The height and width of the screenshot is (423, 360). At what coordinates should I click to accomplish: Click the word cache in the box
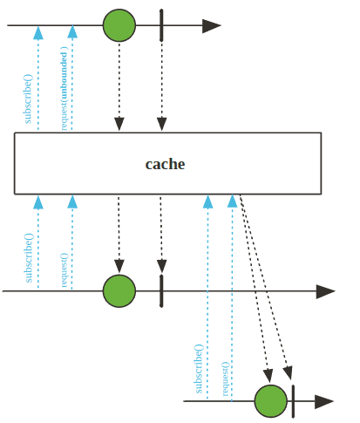tap(165, 164)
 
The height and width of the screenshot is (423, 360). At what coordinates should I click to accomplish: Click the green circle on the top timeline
tap(119, 25)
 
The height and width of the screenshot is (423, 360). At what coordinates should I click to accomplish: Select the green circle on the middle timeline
tap(119, 290)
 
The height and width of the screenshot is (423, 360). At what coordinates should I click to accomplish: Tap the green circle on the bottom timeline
tap(271, 401)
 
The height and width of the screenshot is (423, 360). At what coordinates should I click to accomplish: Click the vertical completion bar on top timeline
tap(161, 25)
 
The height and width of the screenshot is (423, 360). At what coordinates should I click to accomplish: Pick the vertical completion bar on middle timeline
tap(161, 290)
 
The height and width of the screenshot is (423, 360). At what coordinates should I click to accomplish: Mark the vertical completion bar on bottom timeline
tap(293, 401)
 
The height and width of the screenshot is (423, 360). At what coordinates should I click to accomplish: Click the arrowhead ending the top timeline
tap(212, 25)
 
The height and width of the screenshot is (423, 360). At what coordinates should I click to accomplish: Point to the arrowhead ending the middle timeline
tap(325, 291)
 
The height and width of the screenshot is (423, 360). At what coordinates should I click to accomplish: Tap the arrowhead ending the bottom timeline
tap(324, 401)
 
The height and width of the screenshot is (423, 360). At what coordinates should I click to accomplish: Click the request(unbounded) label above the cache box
tap(64, 88)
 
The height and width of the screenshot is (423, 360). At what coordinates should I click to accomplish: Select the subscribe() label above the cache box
tap(28, 99)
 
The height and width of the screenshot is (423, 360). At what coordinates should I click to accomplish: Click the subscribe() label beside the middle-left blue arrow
tap(29, 257)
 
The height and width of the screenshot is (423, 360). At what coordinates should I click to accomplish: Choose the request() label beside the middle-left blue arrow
tap(64, 270)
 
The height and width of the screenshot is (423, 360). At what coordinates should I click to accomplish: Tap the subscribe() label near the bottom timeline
tap(198, 369)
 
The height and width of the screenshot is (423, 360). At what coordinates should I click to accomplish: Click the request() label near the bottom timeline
tap(226, 379)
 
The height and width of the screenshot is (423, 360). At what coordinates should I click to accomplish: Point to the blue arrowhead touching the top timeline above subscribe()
tap(38, 32)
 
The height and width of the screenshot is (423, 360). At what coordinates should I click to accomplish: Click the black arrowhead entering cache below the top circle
tap(119, 124)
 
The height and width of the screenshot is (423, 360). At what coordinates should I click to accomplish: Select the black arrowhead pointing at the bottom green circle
tap(268, 376)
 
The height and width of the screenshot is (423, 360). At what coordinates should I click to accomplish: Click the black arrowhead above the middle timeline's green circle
tap(119, 267)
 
